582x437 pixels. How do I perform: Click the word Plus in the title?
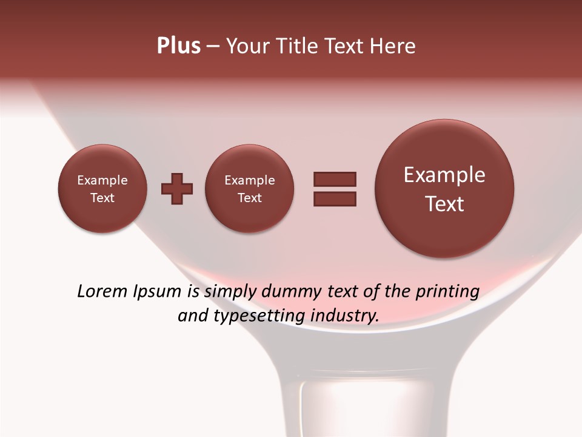178,46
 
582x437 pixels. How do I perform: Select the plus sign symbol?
177,189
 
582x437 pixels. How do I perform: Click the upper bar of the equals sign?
335,179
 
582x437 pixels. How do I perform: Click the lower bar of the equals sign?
335,198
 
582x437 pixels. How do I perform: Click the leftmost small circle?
102,189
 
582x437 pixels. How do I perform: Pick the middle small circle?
249,189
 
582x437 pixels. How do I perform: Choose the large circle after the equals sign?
444,189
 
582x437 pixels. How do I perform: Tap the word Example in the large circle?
444,175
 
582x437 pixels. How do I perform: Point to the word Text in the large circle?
444,204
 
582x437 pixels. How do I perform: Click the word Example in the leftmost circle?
102,180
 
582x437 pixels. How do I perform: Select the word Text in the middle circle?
249,198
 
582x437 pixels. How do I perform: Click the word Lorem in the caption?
102,291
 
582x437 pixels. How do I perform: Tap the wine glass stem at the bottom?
330,407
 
